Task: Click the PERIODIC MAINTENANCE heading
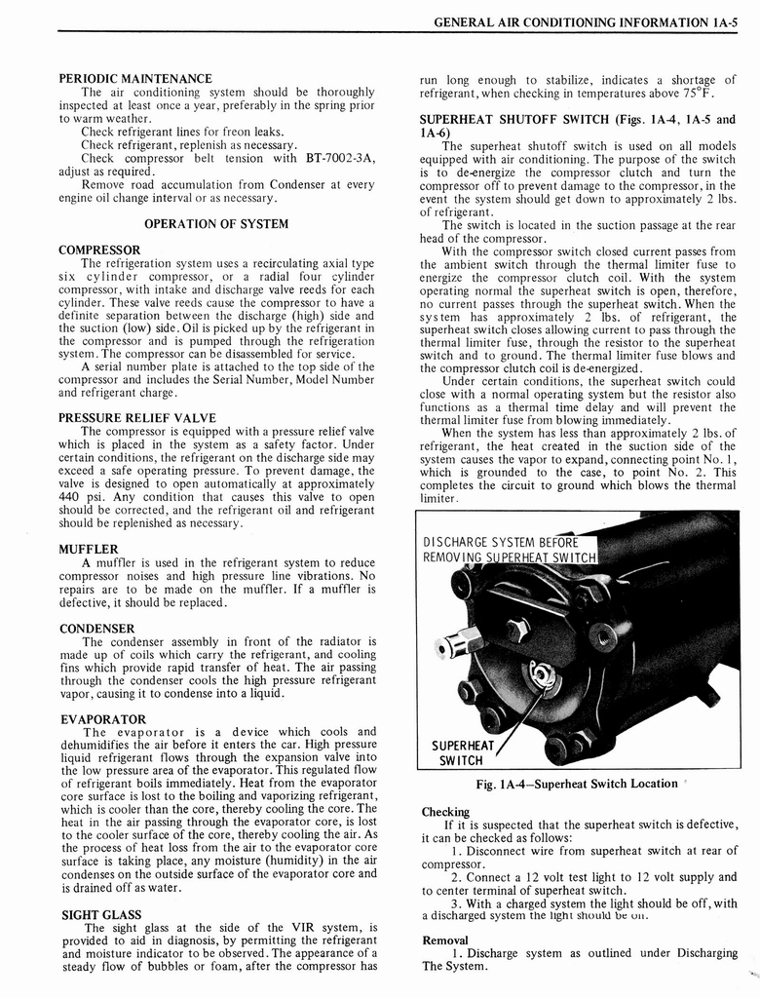135,78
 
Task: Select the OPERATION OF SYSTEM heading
216,223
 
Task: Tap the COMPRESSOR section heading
99,249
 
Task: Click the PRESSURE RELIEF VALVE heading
136,418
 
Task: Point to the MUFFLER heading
89,549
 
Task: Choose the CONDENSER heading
96,629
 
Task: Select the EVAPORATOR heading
102,719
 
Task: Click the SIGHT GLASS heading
100,915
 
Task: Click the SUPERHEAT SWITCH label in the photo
463,753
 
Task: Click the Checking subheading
445,812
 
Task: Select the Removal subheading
445,940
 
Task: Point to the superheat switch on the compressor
540,675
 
